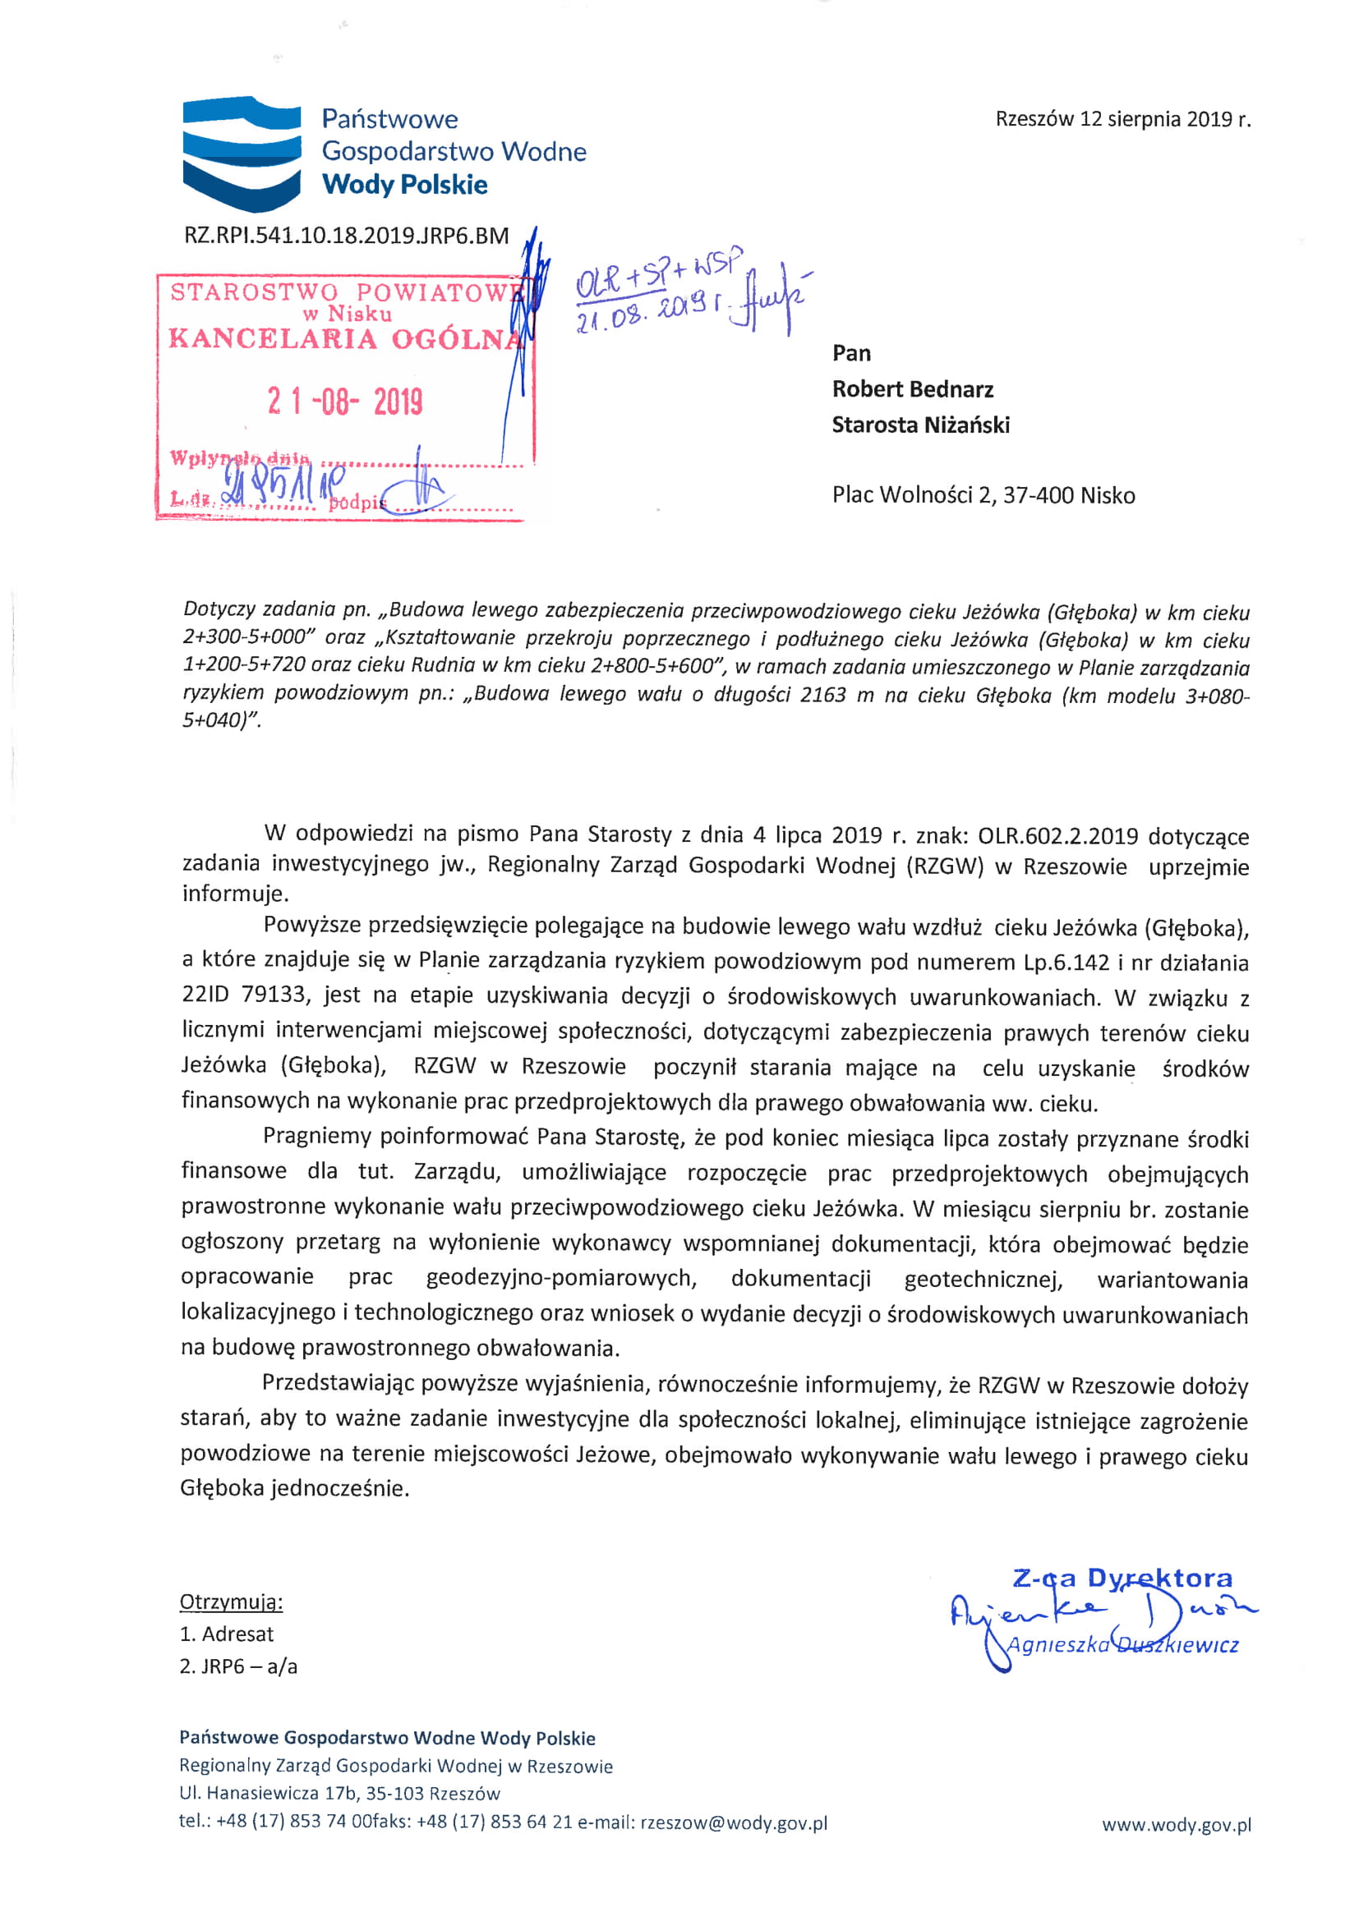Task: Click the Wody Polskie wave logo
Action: click(x=242, y=152)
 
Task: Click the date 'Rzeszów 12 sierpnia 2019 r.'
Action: click(x=1123, y=119)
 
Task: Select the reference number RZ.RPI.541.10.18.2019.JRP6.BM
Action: click(x=347, y=236)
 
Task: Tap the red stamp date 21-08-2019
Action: click(x=345, y=402)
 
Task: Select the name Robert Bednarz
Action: click(x=912, y=389)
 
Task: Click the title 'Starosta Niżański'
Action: click(x=920, y=425)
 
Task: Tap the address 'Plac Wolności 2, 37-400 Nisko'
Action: click(x=984, y=495)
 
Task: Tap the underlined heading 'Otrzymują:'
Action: click(x=231, y=1602)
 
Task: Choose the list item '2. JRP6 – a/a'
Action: click(x=238, y=1666)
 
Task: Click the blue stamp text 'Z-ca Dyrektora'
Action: click(x=1122, y=1578)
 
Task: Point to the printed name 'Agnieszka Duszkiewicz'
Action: click(x=1122, y=1645)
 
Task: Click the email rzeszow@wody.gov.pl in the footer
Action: click(x=733, y=1823)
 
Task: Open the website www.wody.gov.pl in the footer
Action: click(x=1176, y=1825)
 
